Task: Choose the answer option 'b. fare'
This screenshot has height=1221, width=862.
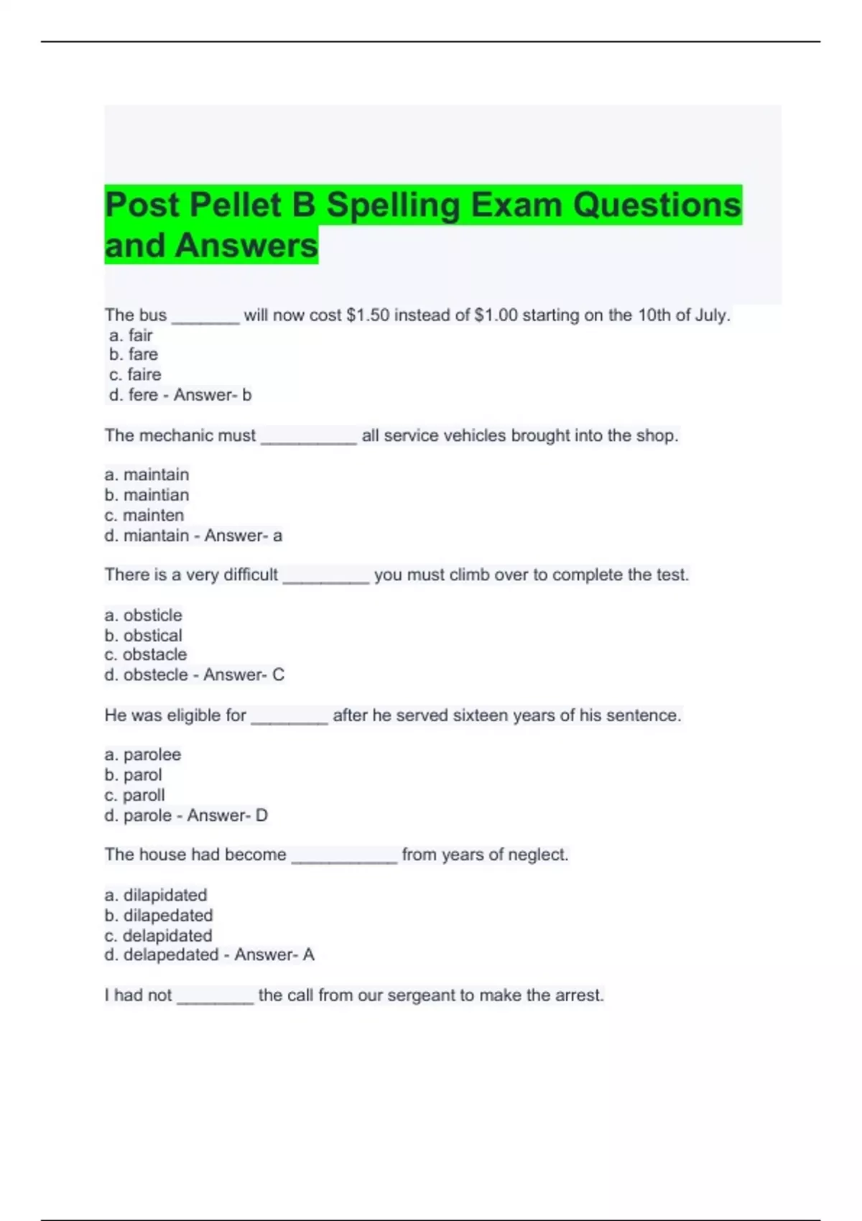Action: [x=134, y=355]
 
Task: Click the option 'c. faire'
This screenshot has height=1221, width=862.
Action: [x=135, y=375]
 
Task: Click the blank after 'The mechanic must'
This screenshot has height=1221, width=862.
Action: [x=308, y=436]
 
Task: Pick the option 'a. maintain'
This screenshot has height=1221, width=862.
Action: [x=147, y=475]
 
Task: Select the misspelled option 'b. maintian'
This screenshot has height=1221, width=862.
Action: [x=147, y=495]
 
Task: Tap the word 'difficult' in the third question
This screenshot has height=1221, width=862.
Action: [x=251, y=575]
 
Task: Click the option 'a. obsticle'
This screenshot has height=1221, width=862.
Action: [x=143, y=616]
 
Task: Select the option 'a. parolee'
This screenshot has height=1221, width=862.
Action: [x=142, y=755]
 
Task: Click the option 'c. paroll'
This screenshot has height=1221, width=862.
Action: [x=134, y=795]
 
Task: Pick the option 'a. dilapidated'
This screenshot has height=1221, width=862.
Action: [x=155, y=896]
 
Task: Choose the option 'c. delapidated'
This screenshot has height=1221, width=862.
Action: [x=158, y=936]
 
